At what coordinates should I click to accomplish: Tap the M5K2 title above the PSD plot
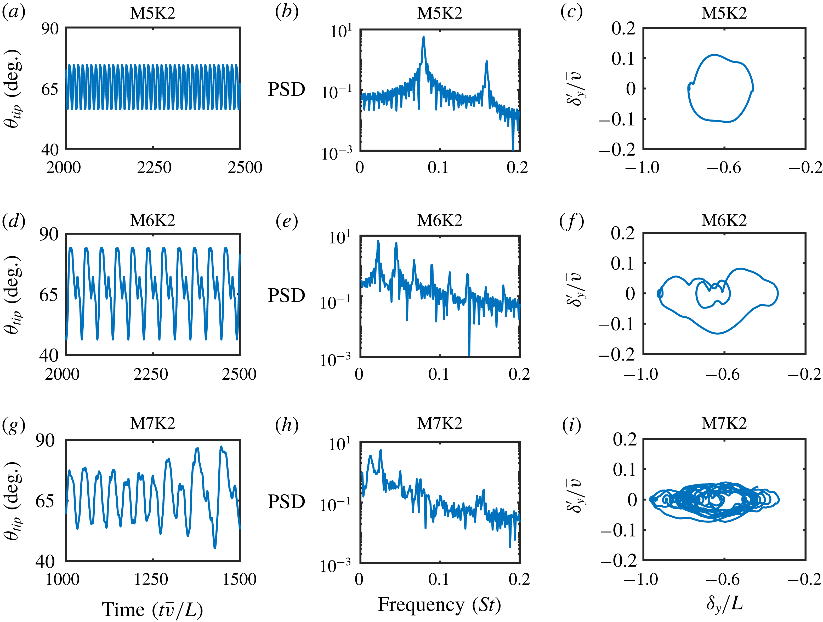click(x=439, y=13)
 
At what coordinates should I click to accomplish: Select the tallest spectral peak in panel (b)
click(x=423, y=37)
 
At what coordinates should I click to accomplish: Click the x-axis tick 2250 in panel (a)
click(x=154, y=168)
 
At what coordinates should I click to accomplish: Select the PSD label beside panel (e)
click(x=286, y=295)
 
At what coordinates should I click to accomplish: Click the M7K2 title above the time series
click(x=152, y=423)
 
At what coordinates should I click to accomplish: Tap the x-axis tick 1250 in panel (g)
click(x=151, y=579)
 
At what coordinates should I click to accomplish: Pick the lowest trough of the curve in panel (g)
click(x=215, y=547)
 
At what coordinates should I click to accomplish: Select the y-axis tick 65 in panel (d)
click(x=49, y=295)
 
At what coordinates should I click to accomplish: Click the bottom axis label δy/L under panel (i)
click(x=724, y=603)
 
